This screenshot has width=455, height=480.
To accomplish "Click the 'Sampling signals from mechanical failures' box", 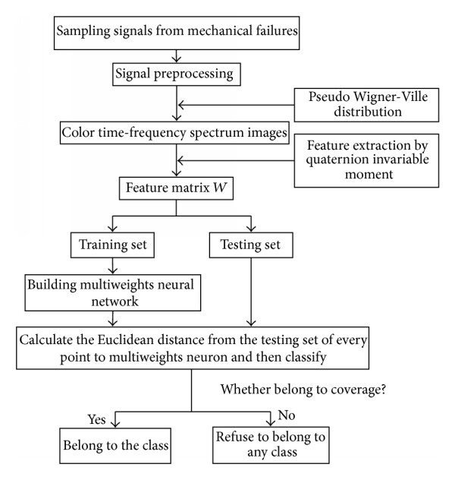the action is pyautogui.click(x=177, y=33).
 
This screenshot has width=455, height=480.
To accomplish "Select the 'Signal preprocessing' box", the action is pyautogui.click(x=177, y=74).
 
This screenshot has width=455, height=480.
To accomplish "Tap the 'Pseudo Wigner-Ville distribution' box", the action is pyautogui.click(x=366, y=105).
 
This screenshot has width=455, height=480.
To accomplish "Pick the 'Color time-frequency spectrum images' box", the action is pyautogui.click(x=174, y=133).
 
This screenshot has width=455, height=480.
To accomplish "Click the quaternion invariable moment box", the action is pyautogui.click(x=366, y=160).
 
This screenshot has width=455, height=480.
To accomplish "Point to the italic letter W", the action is pyautogui.click(x=220, y=188).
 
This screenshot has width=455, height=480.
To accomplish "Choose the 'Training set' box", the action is pyautogui.click(x=112, y=245).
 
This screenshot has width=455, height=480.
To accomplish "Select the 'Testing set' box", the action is pyautogui.click(x=251, y=245).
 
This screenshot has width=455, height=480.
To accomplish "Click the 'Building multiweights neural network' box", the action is pyautogui.click(x=113, y=292).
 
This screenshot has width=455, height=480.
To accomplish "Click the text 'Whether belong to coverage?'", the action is pyautogui.click(x=303, y=390).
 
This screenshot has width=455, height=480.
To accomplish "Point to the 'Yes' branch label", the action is pyautogui.click(x=96, y=419).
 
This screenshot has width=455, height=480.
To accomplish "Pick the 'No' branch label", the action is pyautogui.click(x=287, y=415).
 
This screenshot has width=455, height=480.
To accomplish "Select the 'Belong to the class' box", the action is pyautogui.click(x=115, y=445).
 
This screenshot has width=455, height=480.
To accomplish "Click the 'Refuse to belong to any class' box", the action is pyautogui.click(x=271, y=445).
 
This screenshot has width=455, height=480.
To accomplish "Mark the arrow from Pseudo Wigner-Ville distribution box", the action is pyautogui.click(x=236, y=105).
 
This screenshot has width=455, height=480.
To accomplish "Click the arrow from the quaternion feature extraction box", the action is pyautogui.click(x=236, y=160).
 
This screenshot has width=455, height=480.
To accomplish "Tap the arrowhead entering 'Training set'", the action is pyautogui.click(x=113, y=229).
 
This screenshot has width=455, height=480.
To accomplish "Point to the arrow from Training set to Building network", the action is pyautogui.click(x=113, y=266).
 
